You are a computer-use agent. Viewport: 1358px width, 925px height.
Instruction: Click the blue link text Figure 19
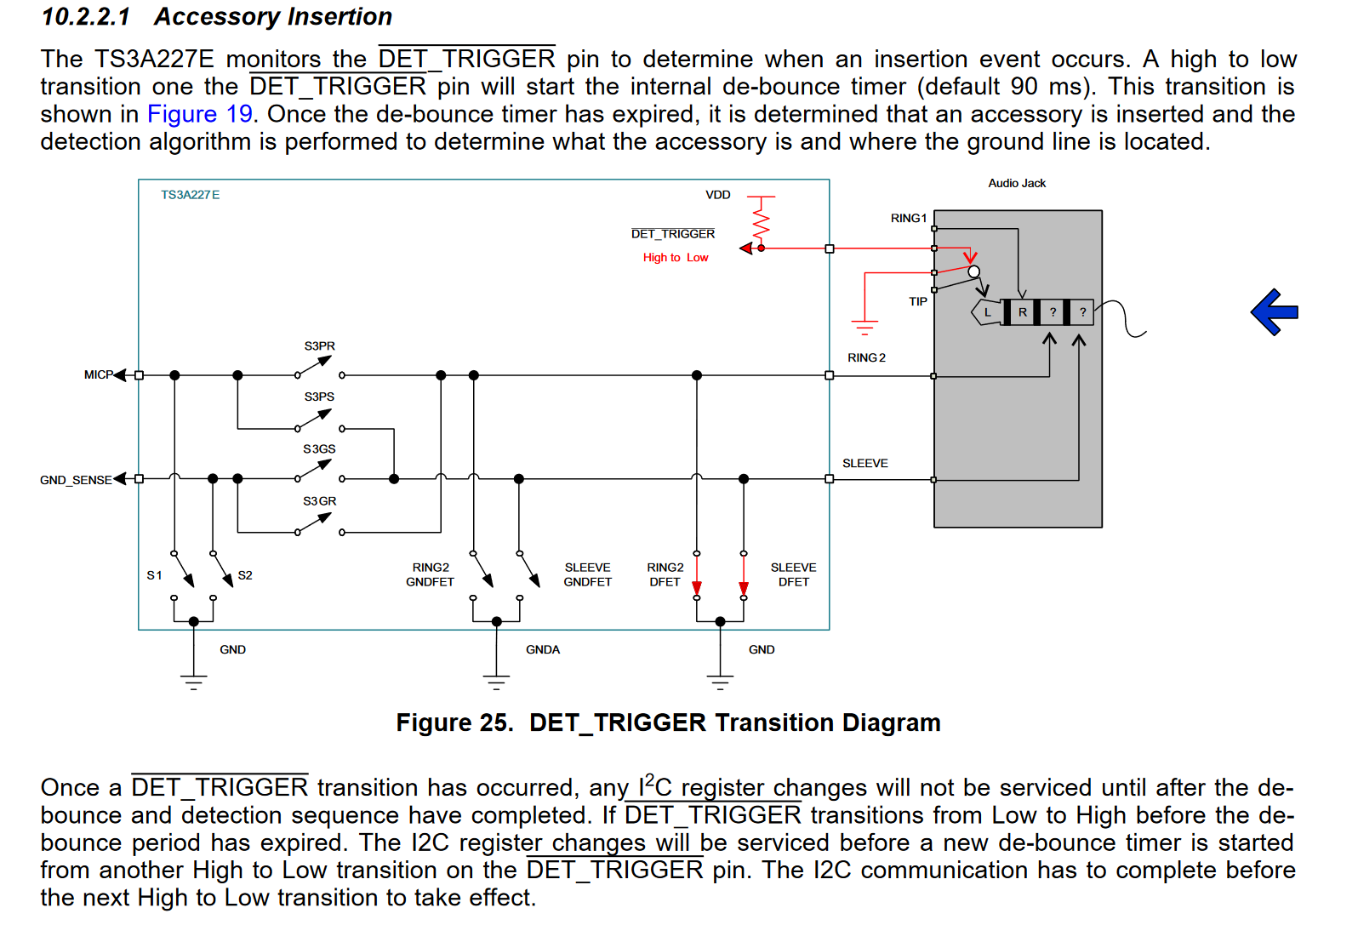click(x=200, y=114)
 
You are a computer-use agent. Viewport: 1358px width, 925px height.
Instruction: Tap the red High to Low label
click(x=675, y=258)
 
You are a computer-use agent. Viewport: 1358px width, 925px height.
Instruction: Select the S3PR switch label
click(x=319, y=346)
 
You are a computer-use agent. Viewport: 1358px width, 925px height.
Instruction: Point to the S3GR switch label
click(x=319, y=501)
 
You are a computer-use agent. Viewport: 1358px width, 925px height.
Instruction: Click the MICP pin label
click(x=98, y=374)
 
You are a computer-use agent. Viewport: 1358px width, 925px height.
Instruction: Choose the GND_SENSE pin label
click(x=75, y=480)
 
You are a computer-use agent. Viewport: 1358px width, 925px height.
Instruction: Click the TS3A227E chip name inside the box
click(x=190, y=195)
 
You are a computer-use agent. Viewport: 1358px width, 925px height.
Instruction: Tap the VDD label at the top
click(x=717, y=195)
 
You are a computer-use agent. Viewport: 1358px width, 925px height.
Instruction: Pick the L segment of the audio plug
click(x=987, y=312)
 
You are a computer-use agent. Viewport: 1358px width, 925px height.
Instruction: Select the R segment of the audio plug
click(x=1022, y=312)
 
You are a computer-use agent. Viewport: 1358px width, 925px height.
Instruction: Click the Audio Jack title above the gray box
click(x=1016, y=183)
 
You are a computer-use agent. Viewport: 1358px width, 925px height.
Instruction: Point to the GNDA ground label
click(x=542, y=649)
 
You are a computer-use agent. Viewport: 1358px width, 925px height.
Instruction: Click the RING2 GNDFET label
click(x=430, y=574)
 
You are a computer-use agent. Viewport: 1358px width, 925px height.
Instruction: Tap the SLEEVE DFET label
click(x=793, y=574)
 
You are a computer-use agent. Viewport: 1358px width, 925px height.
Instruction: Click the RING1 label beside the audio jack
click(x=908, y=219)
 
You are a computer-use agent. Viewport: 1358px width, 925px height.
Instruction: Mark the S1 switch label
click(x=154, y=575)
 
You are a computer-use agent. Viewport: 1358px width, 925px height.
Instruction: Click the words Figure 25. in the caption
click(x=454, y=722)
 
